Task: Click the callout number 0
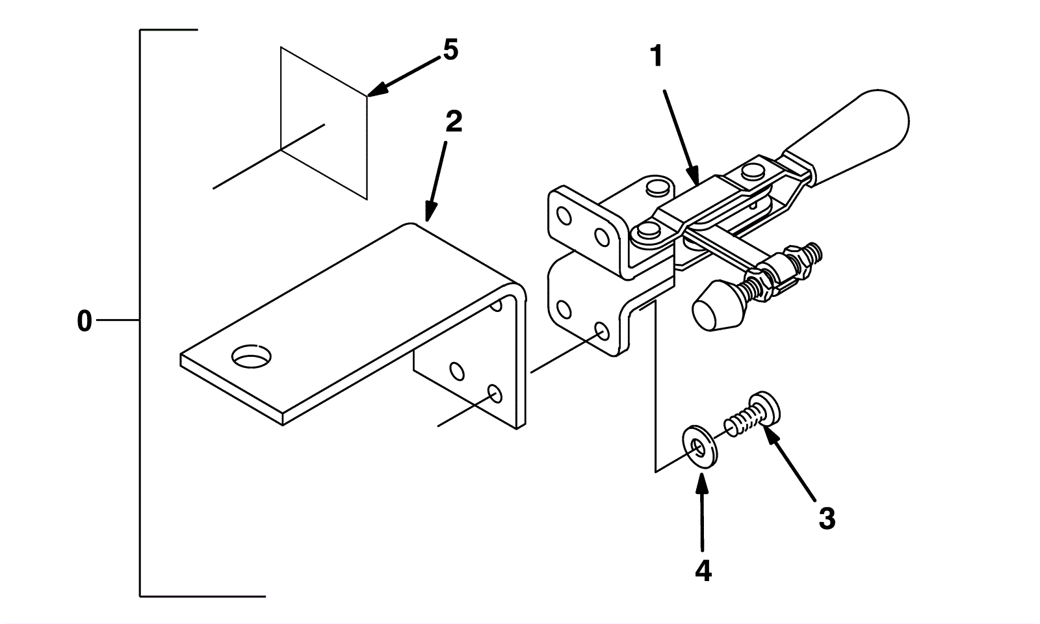(84, 321)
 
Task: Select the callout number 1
(657, 57)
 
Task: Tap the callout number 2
(453, 122)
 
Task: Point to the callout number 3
(826, 519)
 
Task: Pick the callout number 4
(703, 571)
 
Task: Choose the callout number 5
(450, 50)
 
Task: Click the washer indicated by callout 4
(699, 447)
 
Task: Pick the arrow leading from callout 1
(681, 136)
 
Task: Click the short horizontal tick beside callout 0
(117, 320)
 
